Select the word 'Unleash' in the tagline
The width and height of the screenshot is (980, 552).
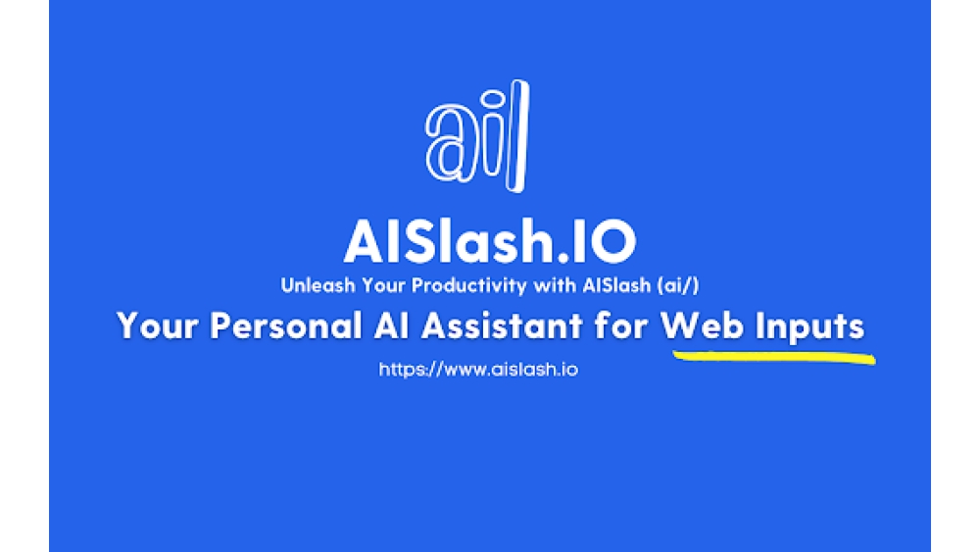coord(313,286)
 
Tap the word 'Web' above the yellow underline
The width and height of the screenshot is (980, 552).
coord(702,326)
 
